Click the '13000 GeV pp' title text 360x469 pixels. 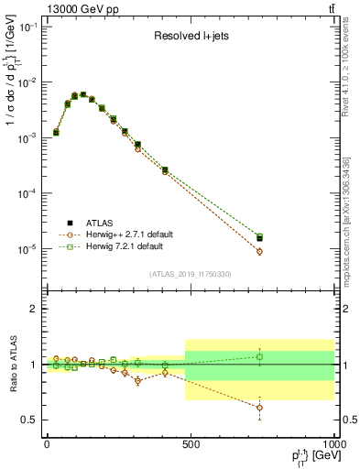coord(65,8)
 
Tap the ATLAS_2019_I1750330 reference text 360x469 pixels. coord(189,274)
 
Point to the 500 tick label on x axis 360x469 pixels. coord(190,443)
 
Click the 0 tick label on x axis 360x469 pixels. coord(47,443)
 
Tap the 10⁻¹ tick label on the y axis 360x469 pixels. coord(27,27)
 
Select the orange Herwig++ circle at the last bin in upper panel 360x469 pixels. coord(259,251)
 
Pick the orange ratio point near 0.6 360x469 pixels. coord(259,408)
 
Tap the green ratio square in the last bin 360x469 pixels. coord(259,356)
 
